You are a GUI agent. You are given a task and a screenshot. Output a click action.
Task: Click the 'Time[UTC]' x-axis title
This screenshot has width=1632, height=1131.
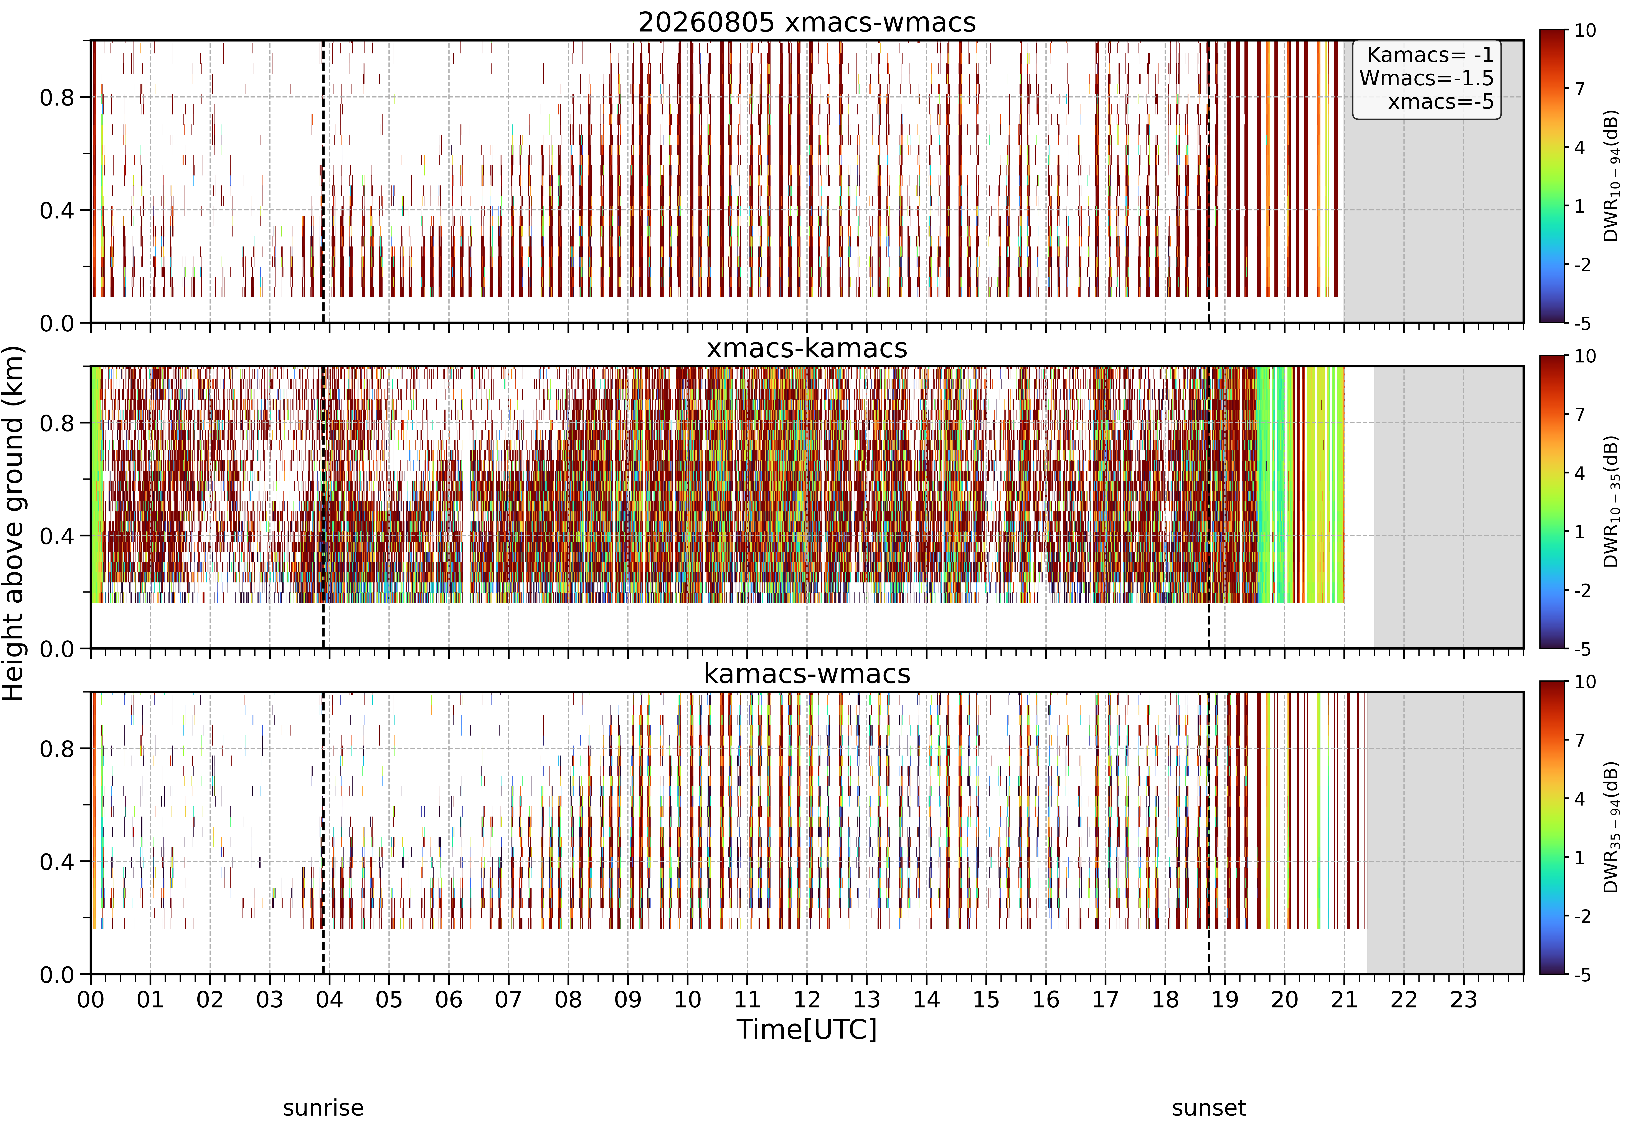pyautogui.click(x=807, y=1029)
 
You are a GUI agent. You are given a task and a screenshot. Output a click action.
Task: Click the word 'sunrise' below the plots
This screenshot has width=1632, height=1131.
pyautogui.click(x=323, y=1108)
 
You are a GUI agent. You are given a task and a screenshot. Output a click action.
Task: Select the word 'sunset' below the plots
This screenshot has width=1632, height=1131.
pyautogui.click(x=1208, y=1108)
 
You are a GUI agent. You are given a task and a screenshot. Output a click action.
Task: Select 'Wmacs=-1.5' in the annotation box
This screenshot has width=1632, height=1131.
pyautogui.click(x=1426, y=78)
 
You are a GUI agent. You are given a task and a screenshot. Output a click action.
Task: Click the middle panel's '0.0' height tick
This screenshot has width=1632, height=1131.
pyautogui.click(x=57, y=649)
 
